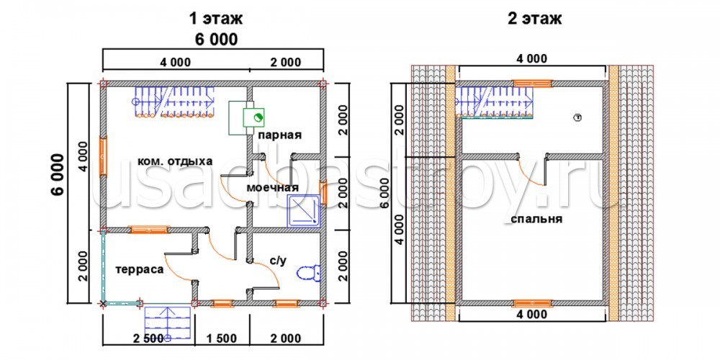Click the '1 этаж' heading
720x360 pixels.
pyautogui.click(x=215, y=19)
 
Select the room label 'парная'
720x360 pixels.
pyautogui.click(x=279, y=135)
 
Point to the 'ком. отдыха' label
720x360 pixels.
pyautogui.click(x=175, y=161)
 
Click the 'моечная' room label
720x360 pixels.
pyautogui.click(x=272, y=188)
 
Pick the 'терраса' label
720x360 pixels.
pyautogui.click(x=140, y=269)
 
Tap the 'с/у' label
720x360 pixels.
pyautogui.click(x=278, y=261)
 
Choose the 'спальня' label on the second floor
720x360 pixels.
pyautogui.click(x=536, y=219)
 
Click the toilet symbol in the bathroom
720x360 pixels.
pyautogui.click(x=309, y=273)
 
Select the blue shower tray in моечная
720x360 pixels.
pyautogui.click(x=304, y=211)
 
